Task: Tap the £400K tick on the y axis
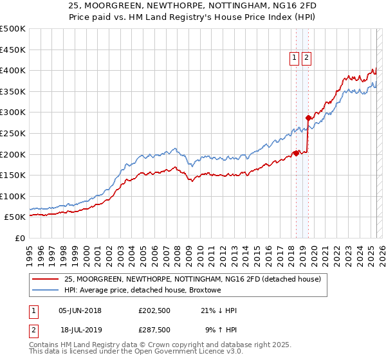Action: point(13,70)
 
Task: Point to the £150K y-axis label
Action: point(13,175)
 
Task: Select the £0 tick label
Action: point(21,238)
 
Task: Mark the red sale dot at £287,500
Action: point(308,118)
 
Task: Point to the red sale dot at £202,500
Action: point(296,153)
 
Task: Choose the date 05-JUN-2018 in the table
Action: point(80,310)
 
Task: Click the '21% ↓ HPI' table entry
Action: point(218,310)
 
